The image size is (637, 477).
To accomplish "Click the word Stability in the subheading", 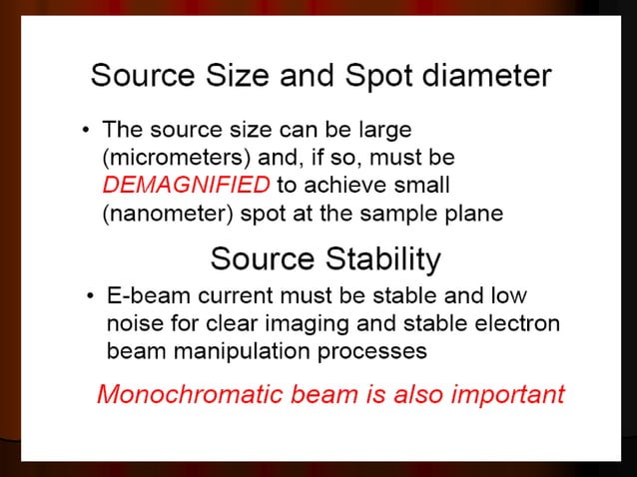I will tap(383, 260).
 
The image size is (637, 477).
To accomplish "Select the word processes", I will tap(379, 351).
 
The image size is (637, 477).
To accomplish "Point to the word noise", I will tap(132, 324).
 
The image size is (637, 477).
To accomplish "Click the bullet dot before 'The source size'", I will tap(87, 131).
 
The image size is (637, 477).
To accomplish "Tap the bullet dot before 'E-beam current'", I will tap(90, 297).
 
